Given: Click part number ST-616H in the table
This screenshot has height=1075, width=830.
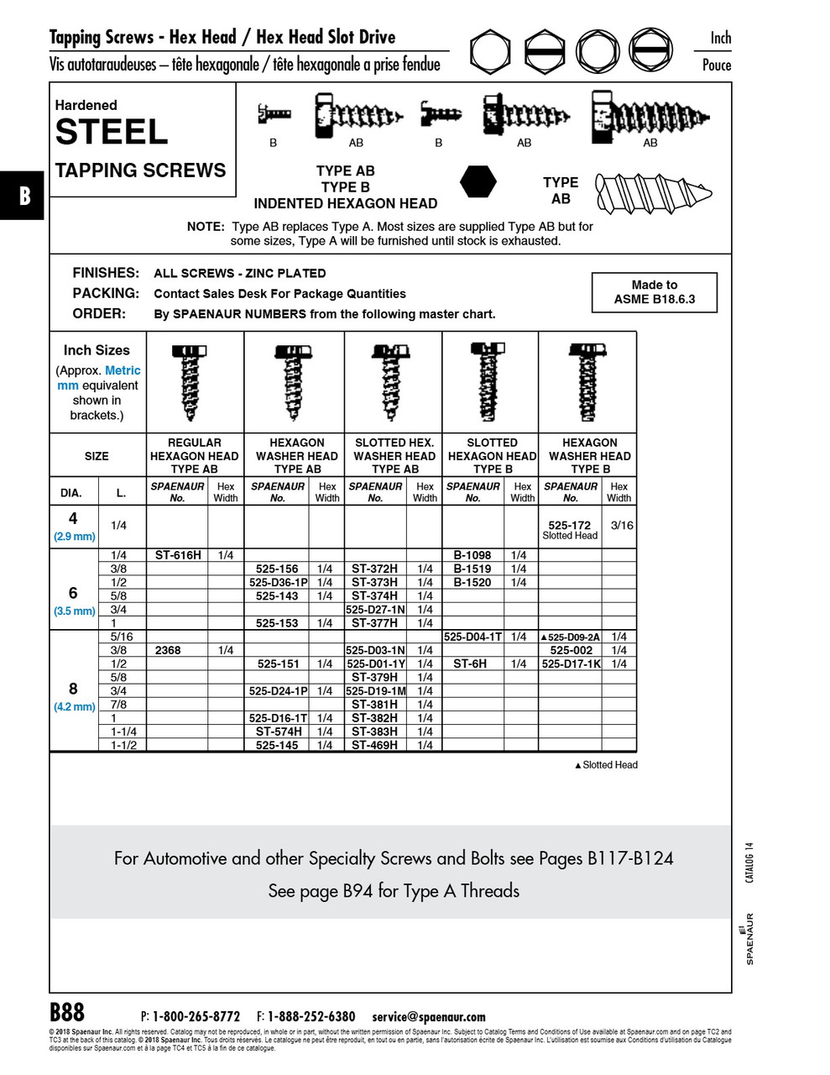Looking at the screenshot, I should pyautogui.click(x=177, y=555).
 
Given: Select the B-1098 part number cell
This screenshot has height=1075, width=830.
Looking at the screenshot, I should pyautogui.click(x=472, y=555).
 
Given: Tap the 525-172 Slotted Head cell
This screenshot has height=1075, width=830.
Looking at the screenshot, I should pyautogui.click(x=570, y=529).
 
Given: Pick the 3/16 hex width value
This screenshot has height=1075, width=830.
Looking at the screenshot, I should pyautogui.click(x=621, y=526).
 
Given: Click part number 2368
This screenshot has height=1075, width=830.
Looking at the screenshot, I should pyautogui.click(x=168, y=650).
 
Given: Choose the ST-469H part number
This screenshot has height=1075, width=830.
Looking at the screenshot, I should pyautogui.click(x=374, y=745).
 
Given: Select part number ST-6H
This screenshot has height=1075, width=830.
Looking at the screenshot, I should pyautogui.click(x=470, y=663).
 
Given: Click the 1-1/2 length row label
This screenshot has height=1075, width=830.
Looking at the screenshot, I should pyautogui.click(x=123, y=745).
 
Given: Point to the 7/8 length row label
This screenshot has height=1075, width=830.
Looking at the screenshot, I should pyautogui.click(x=118, y=705).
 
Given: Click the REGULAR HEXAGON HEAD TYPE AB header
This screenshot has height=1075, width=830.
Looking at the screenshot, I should pyautogui.click(x=194, y=456).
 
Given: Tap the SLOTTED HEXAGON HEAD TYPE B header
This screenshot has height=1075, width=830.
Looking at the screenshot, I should pyautogui.click(x=492, y=456).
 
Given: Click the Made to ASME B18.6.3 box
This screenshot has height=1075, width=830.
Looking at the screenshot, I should pyautogui.click(x=654, y=292).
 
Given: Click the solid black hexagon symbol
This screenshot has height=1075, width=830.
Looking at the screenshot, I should pyautogui.click(x=478, y=181).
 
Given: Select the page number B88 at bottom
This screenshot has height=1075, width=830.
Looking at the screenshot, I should pyautogui.click(x=67, y=1012).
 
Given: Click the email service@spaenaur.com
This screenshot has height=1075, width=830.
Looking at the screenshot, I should pyautogui.click(x=429, y=1017).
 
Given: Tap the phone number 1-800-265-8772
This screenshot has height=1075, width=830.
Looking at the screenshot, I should pyautogui.click(x=196, y=1017).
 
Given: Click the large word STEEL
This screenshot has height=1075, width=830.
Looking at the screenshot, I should pyautogui.click(x=112, y=133).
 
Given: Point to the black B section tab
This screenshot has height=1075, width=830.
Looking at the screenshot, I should pyautogui.click(x=23, y=196).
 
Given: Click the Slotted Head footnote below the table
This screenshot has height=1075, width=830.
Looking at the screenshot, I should pyautogui.click(x=606, y=765).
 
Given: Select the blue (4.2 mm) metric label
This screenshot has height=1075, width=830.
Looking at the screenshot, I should pyautogui.click(x=75, y=707).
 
